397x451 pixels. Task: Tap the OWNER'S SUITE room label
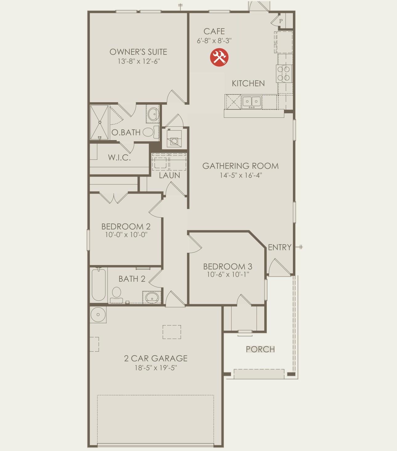138,52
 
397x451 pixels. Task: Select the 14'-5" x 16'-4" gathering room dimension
241,175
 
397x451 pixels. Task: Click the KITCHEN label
248,83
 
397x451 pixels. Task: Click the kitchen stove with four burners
284,74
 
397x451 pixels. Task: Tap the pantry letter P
281,21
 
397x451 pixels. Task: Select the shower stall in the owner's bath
99,122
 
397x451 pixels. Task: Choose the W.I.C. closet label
119,158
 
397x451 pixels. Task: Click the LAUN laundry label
169,175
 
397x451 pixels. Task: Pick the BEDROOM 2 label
126,227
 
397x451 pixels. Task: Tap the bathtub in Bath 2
99,284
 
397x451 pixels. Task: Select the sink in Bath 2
152,297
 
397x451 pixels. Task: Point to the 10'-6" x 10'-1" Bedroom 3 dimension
228,274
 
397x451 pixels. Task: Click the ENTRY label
279,247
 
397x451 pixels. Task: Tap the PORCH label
260,349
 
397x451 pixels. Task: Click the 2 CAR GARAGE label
156,358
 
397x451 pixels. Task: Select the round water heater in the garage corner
98,315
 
